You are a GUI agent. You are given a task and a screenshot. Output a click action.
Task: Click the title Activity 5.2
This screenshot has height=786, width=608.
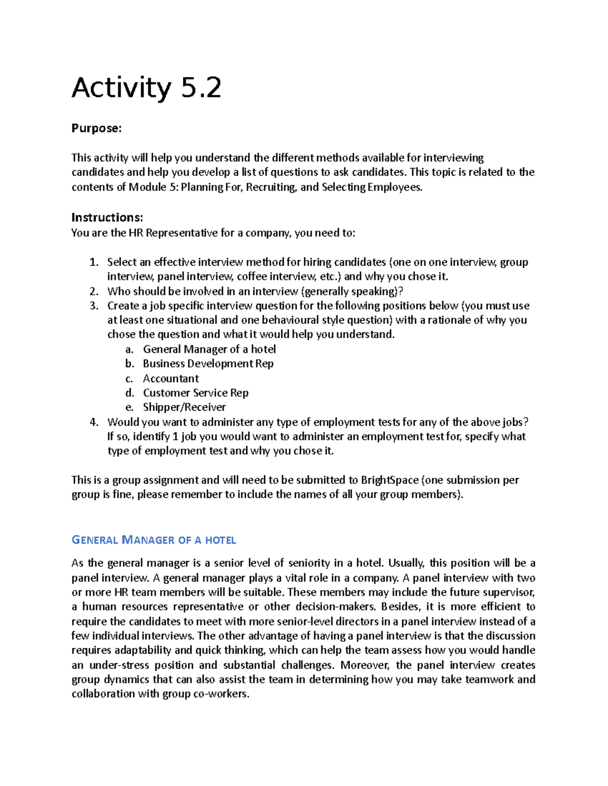click(146, 88)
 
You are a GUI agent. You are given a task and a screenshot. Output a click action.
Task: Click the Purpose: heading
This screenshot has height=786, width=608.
click(96, 129)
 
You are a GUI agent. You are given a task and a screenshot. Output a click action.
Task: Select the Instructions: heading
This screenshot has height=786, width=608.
click(107, 218)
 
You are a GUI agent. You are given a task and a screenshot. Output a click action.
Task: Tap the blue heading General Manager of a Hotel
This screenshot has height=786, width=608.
click(154, 540)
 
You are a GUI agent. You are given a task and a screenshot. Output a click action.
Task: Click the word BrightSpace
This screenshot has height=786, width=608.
click(390, 480)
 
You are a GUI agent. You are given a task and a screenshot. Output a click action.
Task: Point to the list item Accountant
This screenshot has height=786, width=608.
click(171, 379)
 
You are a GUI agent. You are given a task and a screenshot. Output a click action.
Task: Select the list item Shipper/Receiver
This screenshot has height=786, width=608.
click(184, 407)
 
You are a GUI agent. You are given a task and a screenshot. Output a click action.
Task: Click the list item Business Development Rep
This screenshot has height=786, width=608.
click(208, 364)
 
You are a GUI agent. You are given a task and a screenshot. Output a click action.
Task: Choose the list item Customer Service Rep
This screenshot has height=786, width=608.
click(196, 393)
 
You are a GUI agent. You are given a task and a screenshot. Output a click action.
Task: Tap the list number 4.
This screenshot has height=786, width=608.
click(93, 422)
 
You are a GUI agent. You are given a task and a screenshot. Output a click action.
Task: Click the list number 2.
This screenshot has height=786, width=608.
click(93, 292)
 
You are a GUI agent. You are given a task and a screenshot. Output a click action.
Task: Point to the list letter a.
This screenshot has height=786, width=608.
click(129, 349)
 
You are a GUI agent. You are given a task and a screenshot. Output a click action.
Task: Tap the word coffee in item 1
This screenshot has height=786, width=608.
click(251, 277)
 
